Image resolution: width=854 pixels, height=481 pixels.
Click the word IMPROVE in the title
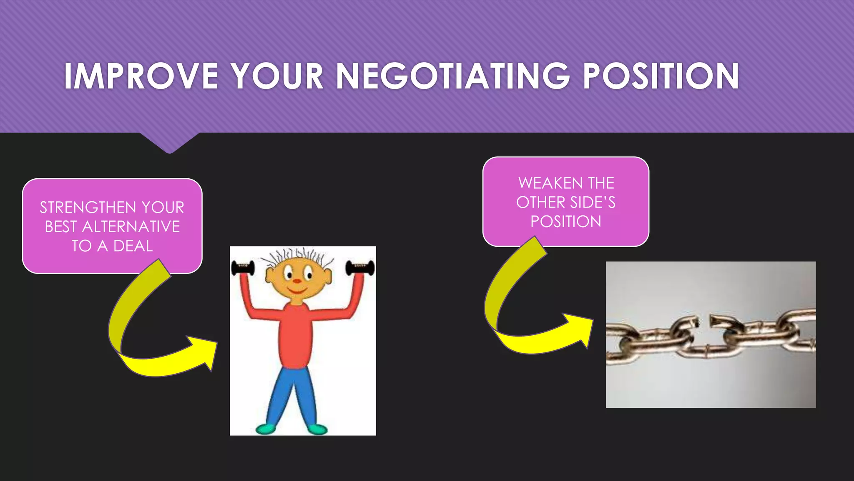(141, 76)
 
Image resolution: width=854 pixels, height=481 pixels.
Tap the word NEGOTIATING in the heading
(453, 76)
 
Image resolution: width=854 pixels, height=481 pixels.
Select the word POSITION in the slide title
(661, 76)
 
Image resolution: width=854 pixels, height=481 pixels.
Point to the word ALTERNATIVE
(131, 227)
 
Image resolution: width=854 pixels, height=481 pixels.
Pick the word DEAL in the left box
(133, 246)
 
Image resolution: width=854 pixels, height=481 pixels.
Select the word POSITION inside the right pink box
(566, 222)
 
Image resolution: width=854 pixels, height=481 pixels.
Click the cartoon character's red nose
(296, 281)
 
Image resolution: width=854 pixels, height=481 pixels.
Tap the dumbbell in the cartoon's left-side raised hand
(243, 268)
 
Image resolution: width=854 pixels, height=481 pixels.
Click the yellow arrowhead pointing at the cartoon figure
(204, 351)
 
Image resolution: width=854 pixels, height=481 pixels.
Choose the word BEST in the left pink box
(61, 227)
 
